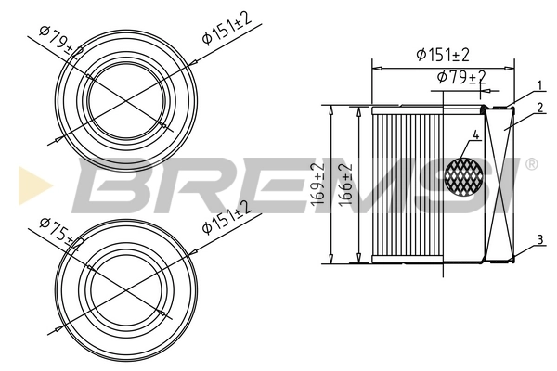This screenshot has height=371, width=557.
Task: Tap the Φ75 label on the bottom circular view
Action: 58,232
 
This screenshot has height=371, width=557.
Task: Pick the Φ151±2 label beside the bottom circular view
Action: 227,218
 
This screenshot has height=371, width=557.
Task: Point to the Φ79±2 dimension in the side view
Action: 460,77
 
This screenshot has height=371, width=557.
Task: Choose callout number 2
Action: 538,109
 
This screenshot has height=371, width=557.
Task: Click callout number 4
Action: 475,135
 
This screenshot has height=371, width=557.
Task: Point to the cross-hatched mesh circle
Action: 465,175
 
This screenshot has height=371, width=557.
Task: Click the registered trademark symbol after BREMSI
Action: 531,164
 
